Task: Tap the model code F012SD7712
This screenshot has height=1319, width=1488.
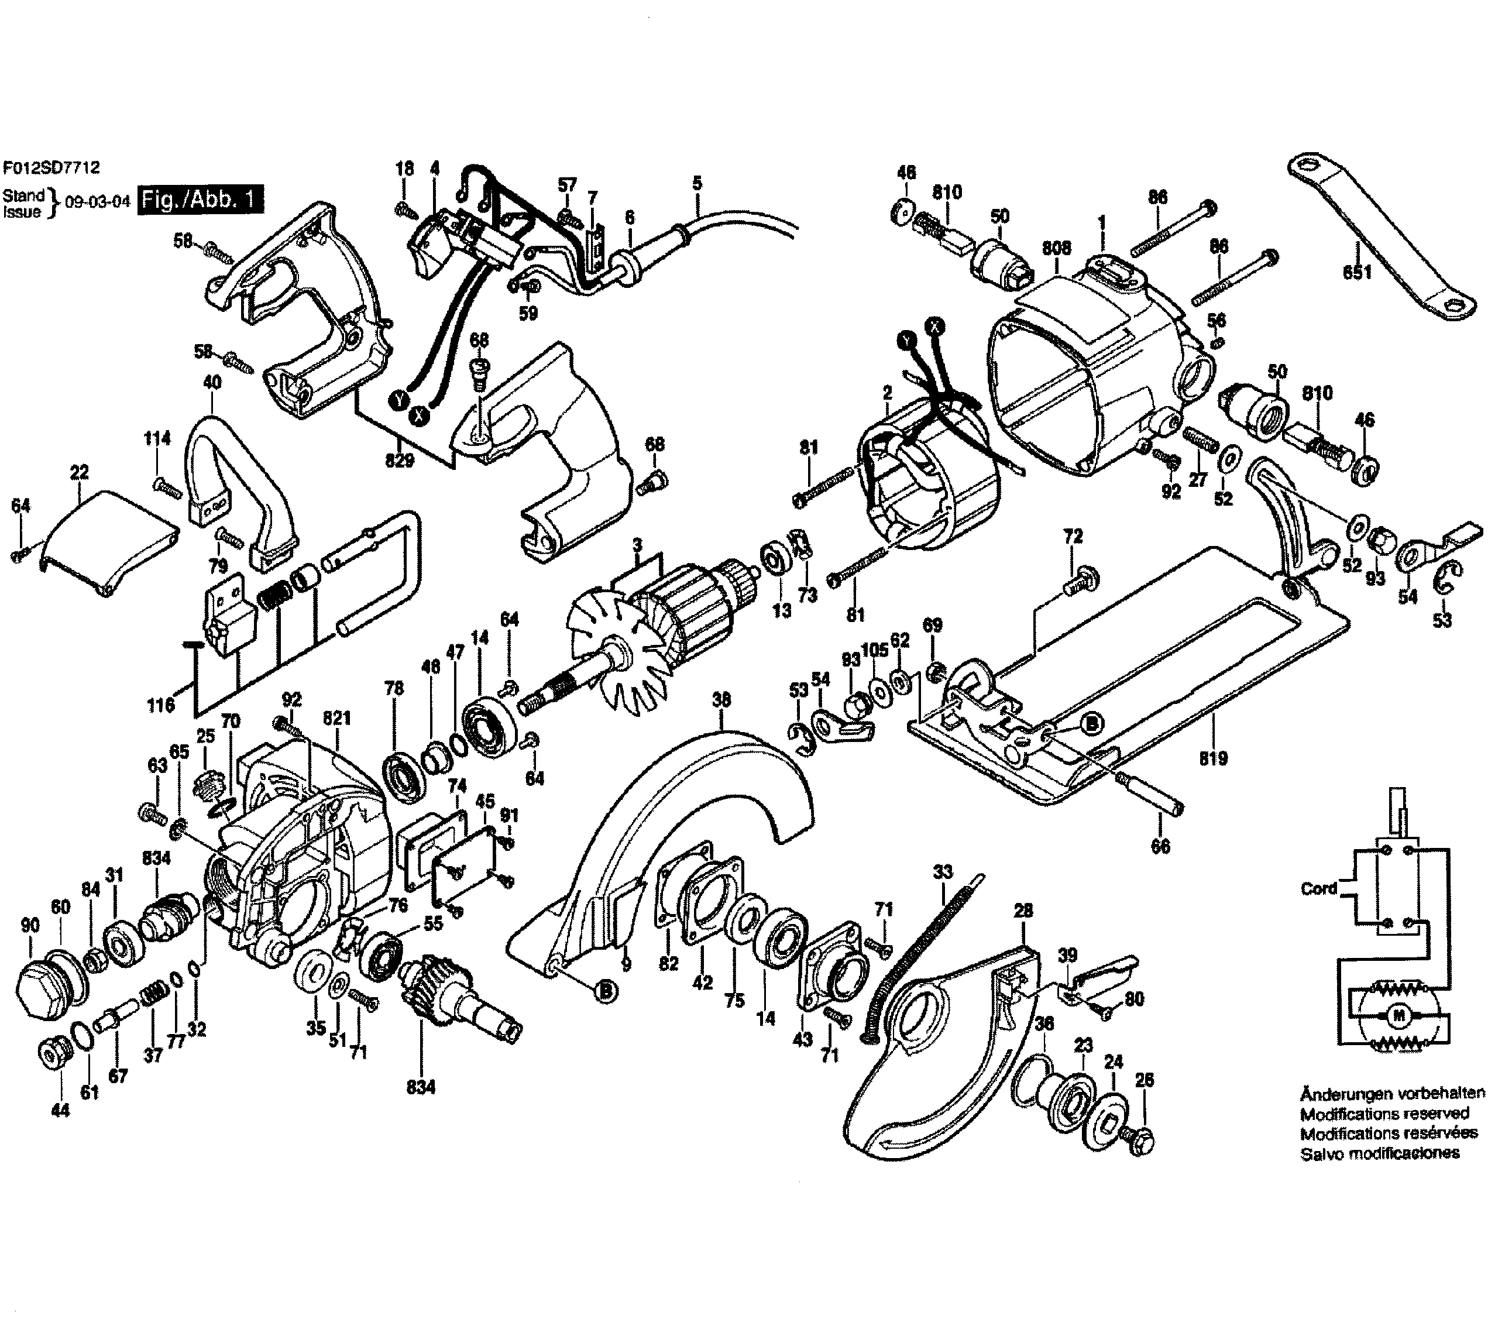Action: point(50,167)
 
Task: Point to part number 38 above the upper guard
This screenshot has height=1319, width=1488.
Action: point(721,700)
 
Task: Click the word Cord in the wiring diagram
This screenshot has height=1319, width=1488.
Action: point(1318,888)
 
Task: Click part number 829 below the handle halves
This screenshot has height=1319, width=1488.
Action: point(400,459)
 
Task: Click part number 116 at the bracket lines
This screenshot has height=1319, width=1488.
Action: point(160,704)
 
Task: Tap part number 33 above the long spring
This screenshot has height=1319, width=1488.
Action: point(942,871)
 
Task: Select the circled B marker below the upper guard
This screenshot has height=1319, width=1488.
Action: point(605,991)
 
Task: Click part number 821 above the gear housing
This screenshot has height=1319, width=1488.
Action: point(336,719)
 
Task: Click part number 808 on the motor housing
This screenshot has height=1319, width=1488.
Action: point(1056,248)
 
